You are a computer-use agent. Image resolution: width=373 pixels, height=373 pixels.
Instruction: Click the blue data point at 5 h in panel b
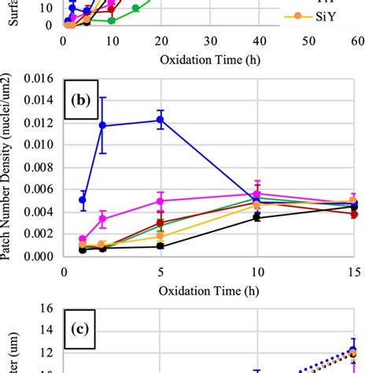[161, 120]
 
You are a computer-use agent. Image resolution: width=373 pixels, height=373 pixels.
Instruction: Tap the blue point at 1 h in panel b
[83, 200]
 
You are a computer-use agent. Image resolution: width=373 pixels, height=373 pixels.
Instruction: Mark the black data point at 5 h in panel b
[161, 246]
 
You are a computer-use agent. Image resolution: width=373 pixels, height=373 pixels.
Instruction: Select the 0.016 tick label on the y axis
[39, 79]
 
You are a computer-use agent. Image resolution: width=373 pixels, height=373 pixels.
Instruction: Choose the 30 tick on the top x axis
[209, 40]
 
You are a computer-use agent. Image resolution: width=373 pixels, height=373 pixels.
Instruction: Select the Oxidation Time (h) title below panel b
[209, 290]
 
